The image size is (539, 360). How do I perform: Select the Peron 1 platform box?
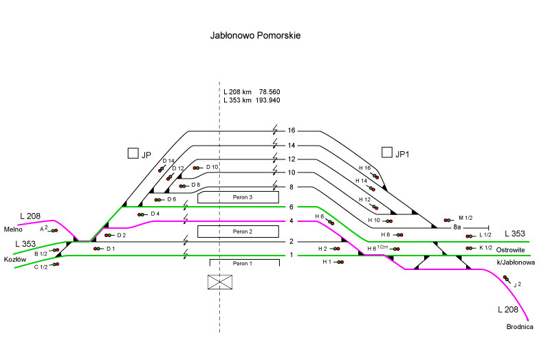[x=244, y=263]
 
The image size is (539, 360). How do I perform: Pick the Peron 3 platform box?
[x=238, y=198]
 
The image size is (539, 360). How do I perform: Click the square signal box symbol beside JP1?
[x=388, y=153]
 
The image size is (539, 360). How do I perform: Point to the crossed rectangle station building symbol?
[x=220, y=282]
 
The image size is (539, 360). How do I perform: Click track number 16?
[x=291, y=131]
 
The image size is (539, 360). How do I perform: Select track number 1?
[x=291, y=256]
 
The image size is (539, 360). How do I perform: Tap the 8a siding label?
[x=457, y=227]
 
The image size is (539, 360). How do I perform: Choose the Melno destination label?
[x=14, y=210]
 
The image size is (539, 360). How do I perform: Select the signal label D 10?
[x=212, y=167]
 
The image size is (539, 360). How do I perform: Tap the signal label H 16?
[x=364, y=168]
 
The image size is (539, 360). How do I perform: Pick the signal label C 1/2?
[x=41, y=267]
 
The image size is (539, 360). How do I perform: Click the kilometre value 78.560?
[x=269, y=91]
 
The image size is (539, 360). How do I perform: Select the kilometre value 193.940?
[x=267, y=100]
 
